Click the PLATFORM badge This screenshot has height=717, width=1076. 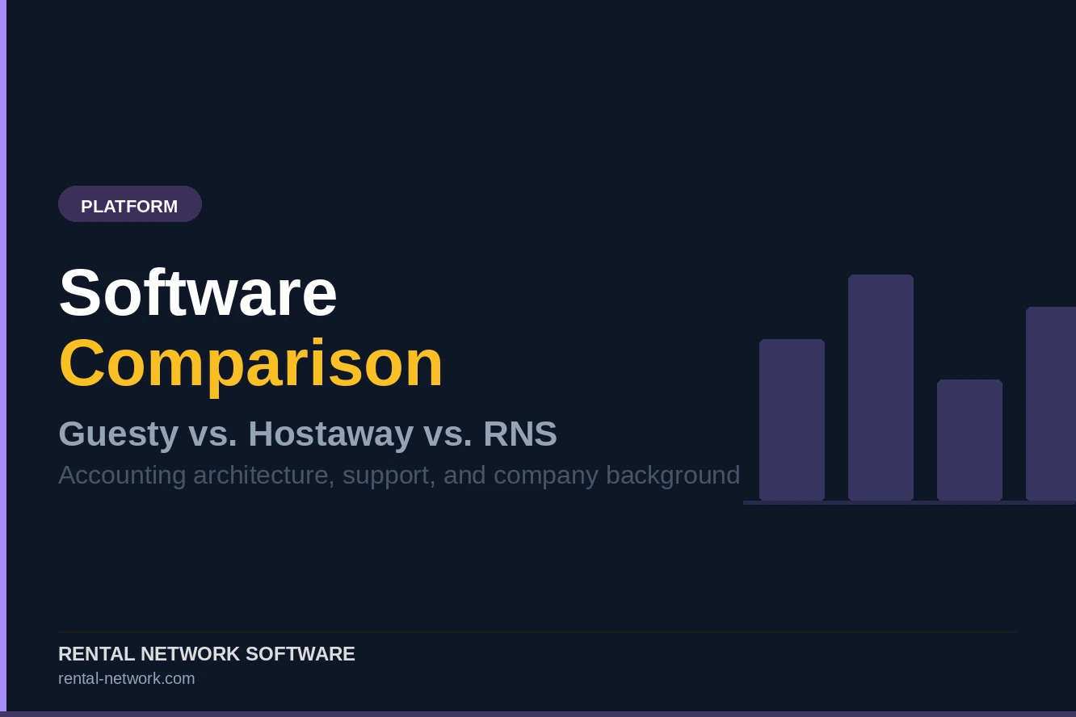pos(129,205)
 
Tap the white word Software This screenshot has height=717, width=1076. pos(198,292)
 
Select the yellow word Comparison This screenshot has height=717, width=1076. pos(251,363)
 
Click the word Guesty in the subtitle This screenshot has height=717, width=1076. pos(118,434)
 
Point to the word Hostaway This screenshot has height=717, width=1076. pos(330,434)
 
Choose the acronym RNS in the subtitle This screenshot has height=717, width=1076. pos(519,434)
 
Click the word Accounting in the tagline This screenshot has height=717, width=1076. pos(122,475)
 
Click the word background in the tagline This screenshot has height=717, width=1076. pos(673,475)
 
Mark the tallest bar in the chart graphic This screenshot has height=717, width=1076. pos(881,388)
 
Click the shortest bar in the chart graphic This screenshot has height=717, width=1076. pos(969,440)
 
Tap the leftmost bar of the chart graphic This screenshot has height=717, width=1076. pos(792,420)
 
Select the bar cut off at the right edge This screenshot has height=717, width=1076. pos(1051,404)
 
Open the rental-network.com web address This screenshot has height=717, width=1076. pos(126,678)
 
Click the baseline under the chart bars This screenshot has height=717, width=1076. pos(909,502)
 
